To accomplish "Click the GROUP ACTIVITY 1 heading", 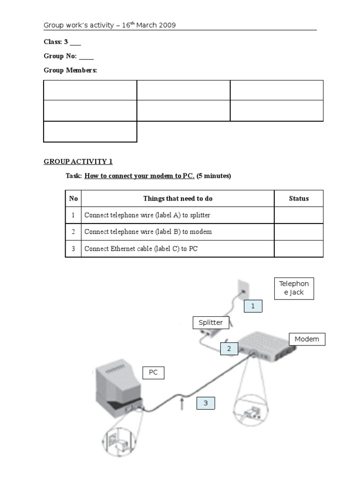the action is pos(78,162).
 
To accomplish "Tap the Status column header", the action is pos(299,199).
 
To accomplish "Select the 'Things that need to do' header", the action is pos(178,199).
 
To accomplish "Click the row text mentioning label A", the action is pos(147,216).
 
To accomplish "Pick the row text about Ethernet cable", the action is pos(141,249).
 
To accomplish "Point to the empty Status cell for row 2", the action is pos(299,232).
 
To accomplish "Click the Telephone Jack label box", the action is pos(294,288).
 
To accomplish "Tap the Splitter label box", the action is pos(210,322).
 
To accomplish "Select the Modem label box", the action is pos(307,339).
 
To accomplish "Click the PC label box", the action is pos(153,373).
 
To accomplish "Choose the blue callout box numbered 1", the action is pos(253,306).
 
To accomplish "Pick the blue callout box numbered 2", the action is pos(229,348).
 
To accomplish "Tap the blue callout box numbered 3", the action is pos(205,403).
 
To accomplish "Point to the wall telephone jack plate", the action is pos(242,289).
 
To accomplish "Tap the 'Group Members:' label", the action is pos(70,70).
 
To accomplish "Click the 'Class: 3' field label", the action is pos(56,42).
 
